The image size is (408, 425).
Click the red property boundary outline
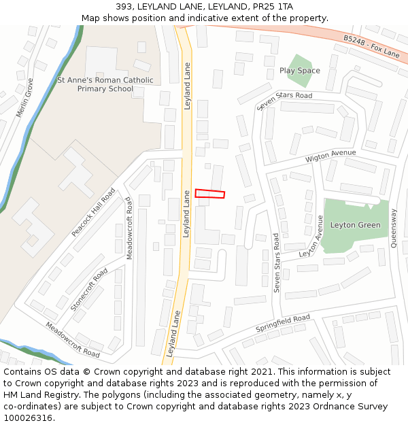(x=209, y=194)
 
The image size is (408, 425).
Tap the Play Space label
(x=299, y=71)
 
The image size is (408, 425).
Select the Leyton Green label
(x=355, y=225)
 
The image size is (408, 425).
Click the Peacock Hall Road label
(x=93, y=213)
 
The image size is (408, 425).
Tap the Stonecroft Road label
(x=89, y=290)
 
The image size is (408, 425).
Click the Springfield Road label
(x=282, y=323)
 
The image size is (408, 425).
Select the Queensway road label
(x=394, y=228)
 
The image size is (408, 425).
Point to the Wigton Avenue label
(x=330, y=156)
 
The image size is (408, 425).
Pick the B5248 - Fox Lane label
(x=371, y=46)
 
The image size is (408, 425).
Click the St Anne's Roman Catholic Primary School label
(x=105, y=84)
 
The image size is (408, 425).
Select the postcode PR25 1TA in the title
(x=276, y=7)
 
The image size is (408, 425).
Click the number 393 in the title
(x=124, y=7)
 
